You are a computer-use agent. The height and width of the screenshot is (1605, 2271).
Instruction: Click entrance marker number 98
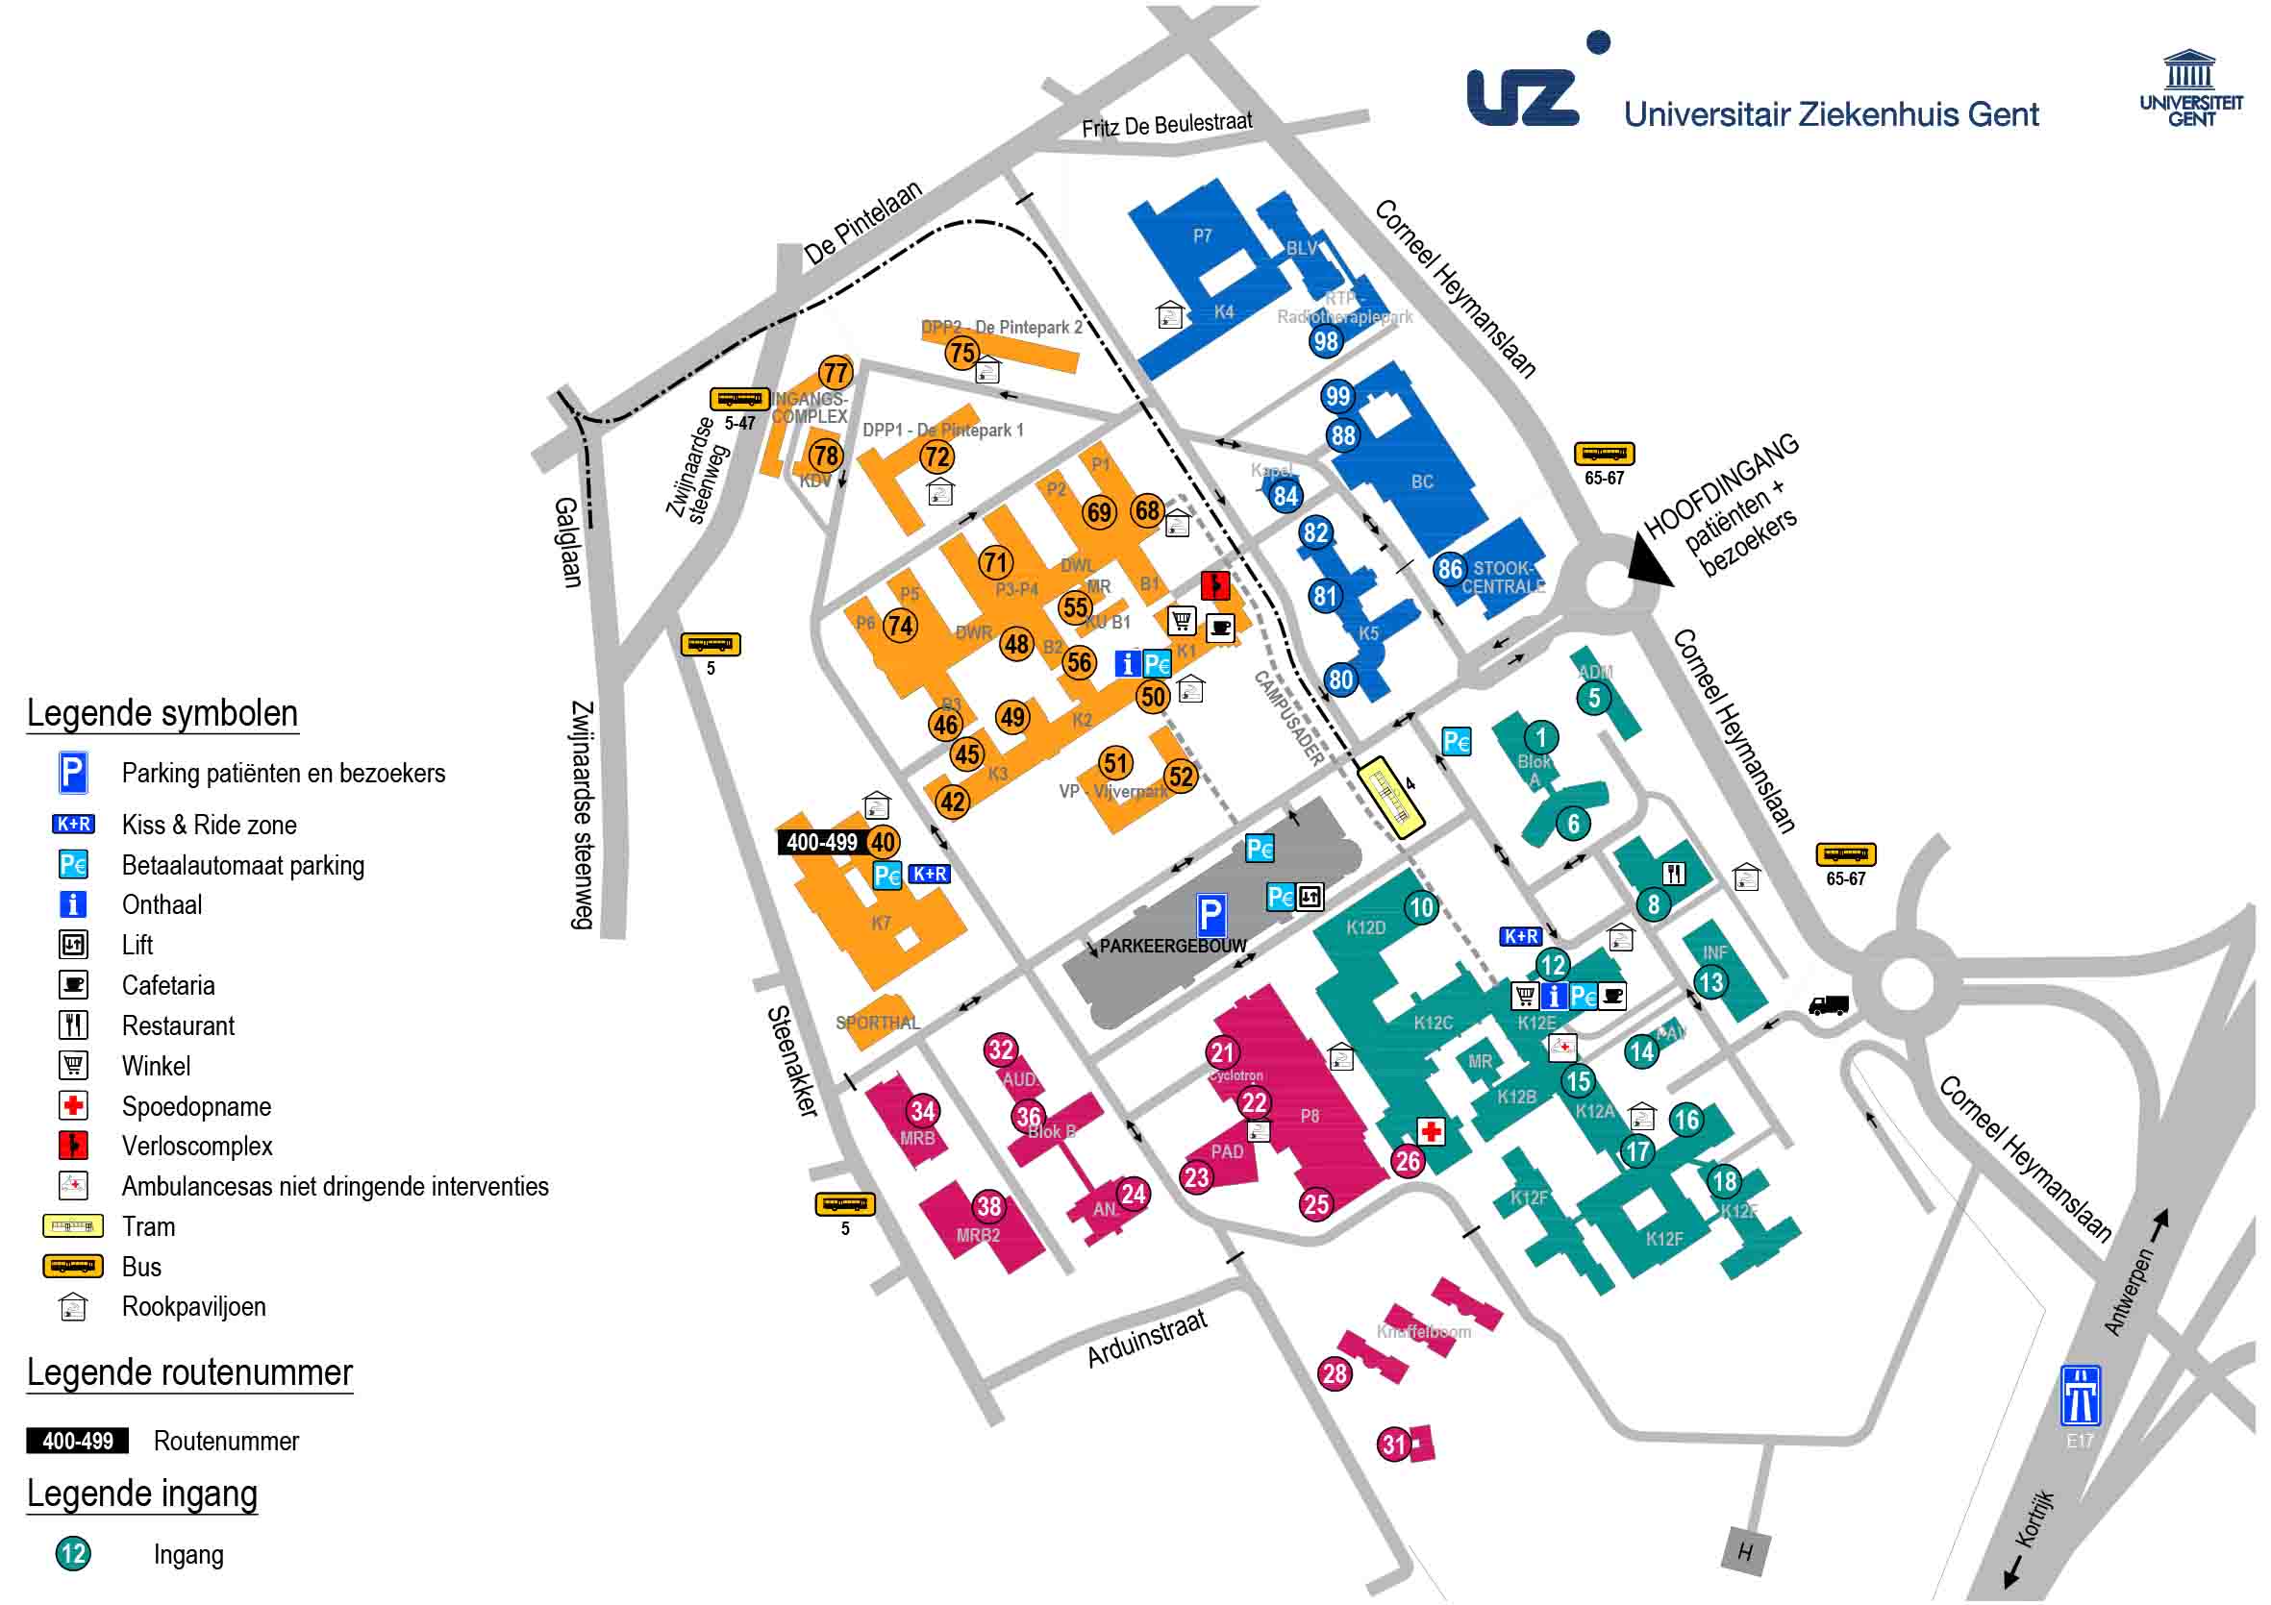(x=1326, y=341)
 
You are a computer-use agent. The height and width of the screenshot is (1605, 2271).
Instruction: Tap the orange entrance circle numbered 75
(x=961, y=352)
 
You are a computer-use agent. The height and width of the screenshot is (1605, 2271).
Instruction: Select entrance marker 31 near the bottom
(x=1394, y=1444)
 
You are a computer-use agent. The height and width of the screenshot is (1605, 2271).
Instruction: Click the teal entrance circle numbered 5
(x=1593, y=697)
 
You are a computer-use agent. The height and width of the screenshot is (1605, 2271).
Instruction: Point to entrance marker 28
(x=1335, y=1372)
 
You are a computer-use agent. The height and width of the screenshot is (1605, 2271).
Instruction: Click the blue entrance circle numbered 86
(x=1450, y=569)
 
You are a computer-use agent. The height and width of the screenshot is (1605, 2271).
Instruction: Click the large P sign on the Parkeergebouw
(x=1210, y=915)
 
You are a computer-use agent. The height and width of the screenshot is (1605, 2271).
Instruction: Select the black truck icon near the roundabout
(x=1828, y=1004)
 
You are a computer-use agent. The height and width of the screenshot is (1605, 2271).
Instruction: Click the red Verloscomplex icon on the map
(x=1214, y=584)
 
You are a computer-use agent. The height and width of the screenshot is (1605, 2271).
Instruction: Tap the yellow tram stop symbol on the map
(x=1389, y=798)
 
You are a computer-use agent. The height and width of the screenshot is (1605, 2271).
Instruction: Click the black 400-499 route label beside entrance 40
(x=821, y=843)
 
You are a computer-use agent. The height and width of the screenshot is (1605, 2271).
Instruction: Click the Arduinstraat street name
(x=1147, y=1340)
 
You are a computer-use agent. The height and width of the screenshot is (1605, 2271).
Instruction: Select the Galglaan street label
(x=566, y=542)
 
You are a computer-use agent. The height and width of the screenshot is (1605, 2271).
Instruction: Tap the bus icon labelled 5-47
(x=738, y=400)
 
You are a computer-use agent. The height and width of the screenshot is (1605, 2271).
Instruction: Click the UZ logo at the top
(x=1523, y=97)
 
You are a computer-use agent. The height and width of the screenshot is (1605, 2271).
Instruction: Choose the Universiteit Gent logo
(x=2191, y=89)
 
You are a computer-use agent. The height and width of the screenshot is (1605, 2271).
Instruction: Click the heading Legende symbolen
(x=162, y=713)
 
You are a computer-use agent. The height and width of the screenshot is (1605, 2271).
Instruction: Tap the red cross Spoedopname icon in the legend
(x=73, y=1104)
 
